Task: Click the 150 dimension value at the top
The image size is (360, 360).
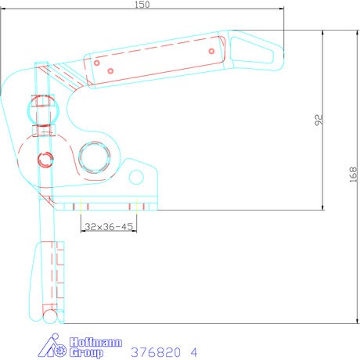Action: (142, 5)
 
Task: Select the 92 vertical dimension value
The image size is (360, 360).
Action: (319, 120)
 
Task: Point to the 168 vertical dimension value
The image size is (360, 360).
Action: (353, 175)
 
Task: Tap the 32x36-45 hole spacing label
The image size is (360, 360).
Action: (109, 226)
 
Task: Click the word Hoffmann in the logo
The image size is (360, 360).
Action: (95, 342)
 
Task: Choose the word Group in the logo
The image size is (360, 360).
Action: (86, 352)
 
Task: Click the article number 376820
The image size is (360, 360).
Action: (156, 352)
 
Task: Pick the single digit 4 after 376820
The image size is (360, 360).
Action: (193, 352)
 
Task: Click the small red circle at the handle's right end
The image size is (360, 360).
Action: (211, 51)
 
